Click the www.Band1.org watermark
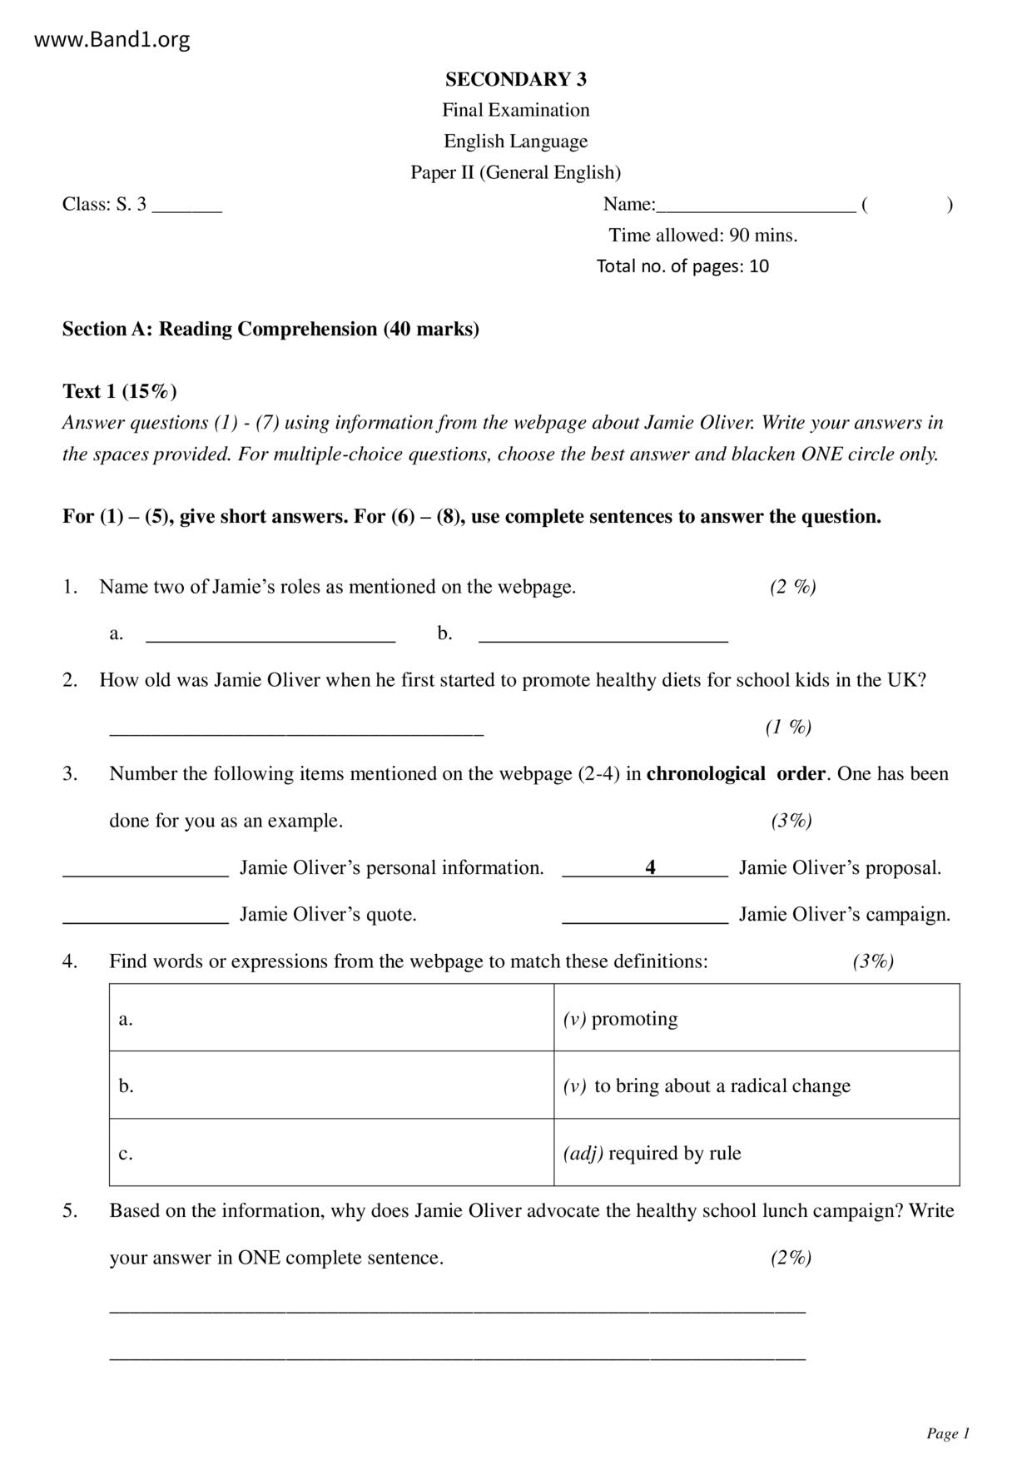coord(112,39)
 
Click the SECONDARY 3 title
coord(515,79)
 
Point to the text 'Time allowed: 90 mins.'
coord(702,236)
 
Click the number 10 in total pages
coord(758,266)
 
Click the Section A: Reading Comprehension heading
coord(270,329)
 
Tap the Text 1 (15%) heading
coord(119,391)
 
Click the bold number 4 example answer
coord(650,867)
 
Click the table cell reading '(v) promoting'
coord(756,1018)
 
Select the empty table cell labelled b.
coord(331,1085)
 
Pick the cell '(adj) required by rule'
coord(756,1153)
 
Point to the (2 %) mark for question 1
coord(792,587)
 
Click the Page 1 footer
coord(948,1433)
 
